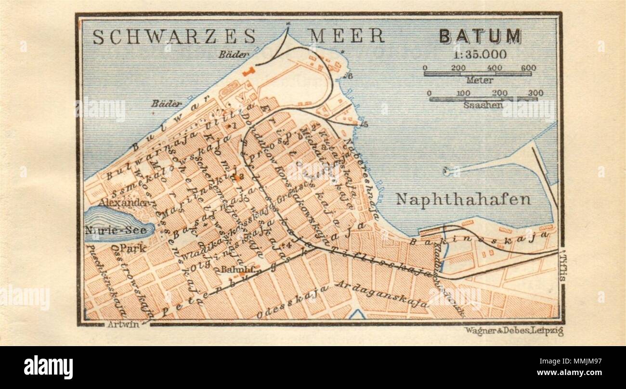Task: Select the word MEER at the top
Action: tap(346, 36)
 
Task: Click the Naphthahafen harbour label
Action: tap(463, 199)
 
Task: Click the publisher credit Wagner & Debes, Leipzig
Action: tap(513, 331)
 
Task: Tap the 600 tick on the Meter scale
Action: tap(528, 68)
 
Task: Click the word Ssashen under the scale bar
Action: tap(482, 105)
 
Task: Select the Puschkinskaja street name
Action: tap(98, 275)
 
